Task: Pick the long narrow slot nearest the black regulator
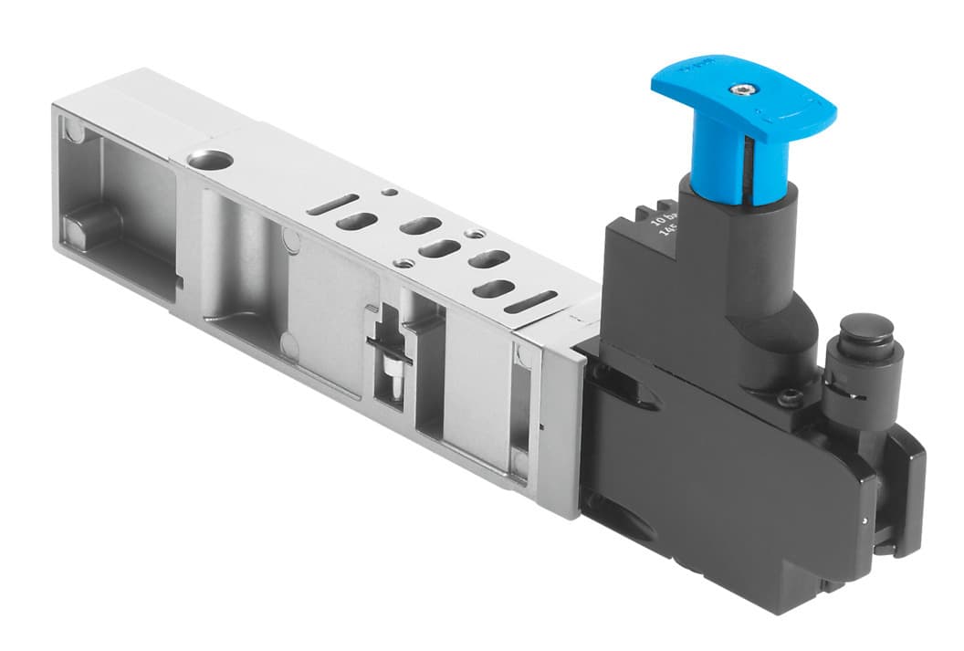(x=530, y=301)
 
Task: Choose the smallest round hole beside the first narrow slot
(x=390, y=193)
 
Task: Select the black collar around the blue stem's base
(x=741, y=202)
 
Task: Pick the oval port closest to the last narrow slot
(x=493, y=289)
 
